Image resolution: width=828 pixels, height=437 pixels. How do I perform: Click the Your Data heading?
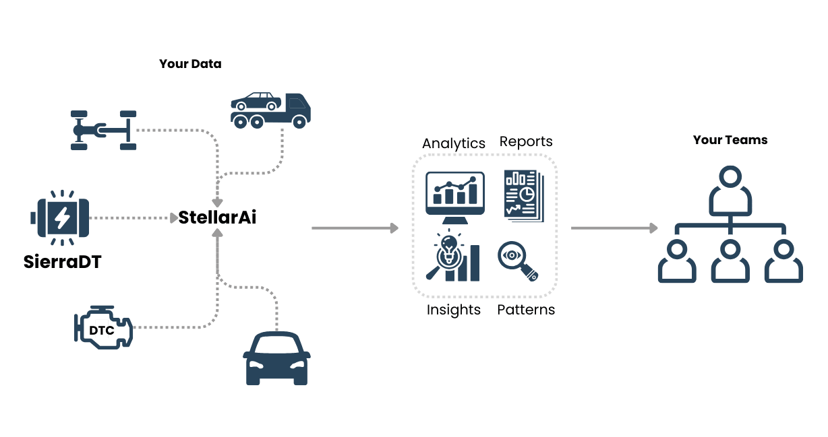190,64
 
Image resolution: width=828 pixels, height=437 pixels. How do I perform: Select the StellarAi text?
217,217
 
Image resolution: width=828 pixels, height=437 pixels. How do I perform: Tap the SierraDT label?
62,262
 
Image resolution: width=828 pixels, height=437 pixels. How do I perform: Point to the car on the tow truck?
257,102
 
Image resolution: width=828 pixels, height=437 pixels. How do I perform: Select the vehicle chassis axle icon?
104,129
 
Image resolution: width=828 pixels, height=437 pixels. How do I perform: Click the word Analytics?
453,143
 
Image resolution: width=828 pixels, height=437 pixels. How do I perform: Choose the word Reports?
526,141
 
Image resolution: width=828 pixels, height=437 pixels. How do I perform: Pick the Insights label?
453,310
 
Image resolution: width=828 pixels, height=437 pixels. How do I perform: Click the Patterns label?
526,310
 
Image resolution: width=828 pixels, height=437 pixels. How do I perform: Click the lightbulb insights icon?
452,257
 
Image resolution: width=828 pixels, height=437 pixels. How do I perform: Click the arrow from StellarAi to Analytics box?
355,228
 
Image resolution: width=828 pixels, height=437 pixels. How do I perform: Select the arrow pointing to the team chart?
614,228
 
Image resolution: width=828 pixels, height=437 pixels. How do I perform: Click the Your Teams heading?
730,140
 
